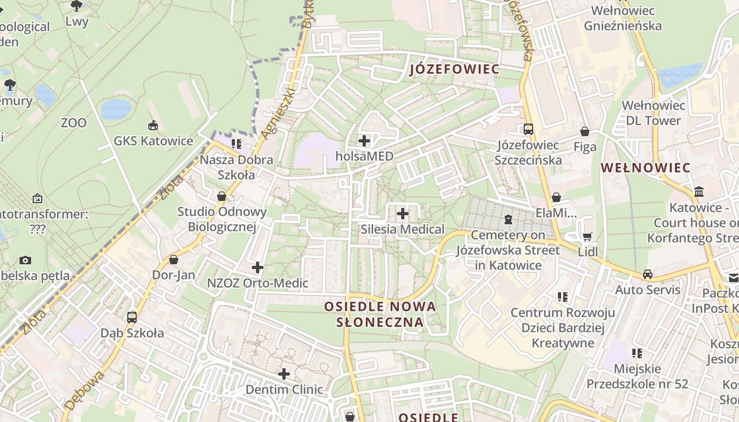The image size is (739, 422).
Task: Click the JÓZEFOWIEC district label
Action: [x=454, y=69]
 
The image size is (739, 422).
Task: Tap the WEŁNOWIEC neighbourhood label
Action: [x=646, y=168]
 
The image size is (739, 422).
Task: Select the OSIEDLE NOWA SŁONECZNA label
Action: [x=380, y=314]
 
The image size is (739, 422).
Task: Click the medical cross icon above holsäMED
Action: [x=364, y=141]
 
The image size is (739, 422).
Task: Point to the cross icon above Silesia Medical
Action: [x=403, y=214]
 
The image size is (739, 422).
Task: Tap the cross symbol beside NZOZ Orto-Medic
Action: [x=258, y=267]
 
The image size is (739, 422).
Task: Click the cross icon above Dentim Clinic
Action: [x=284, y=374]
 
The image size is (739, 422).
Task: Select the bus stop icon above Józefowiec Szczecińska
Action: [x=528, y=129]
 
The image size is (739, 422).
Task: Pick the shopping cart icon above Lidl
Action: [x=587, y=236]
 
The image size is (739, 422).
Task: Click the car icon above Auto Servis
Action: [x=648, y=274]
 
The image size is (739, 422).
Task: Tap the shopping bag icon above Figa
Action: [x=585, y=131]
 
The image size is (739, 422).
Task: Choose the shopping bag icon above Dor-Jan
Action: [x=174, y=260]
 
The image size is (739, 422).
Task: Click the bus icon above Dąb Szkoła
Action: [x=132, y=318]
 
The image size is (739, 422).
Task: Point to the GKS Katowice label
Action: [x=154, y=141]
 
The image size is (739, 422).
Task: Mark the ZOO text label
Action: [x=73, y=123]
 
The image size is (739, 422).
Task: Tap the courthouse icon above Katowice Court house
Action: [x=699, y=191]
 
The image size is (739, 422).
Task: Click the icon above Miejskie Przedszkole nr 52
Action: [x=637, y=353]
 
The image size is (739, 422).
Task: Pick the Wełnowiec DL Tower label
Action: [x=653, y=113]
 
